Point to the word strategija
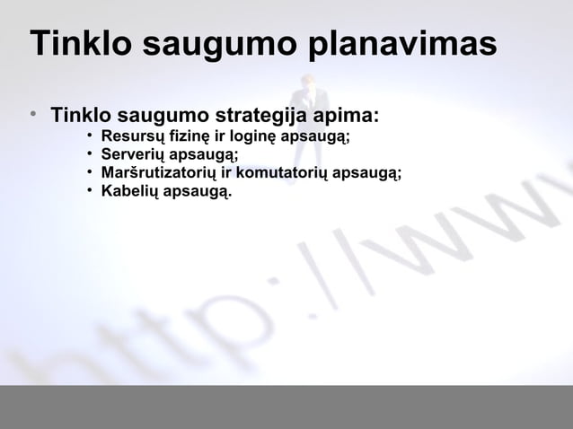(x=260, y=117)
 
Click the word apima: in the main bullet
(x=345, y=117)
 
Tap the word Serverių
(x=135, y=155)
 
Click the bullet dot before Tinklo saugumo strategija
(x=31, y=117)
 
